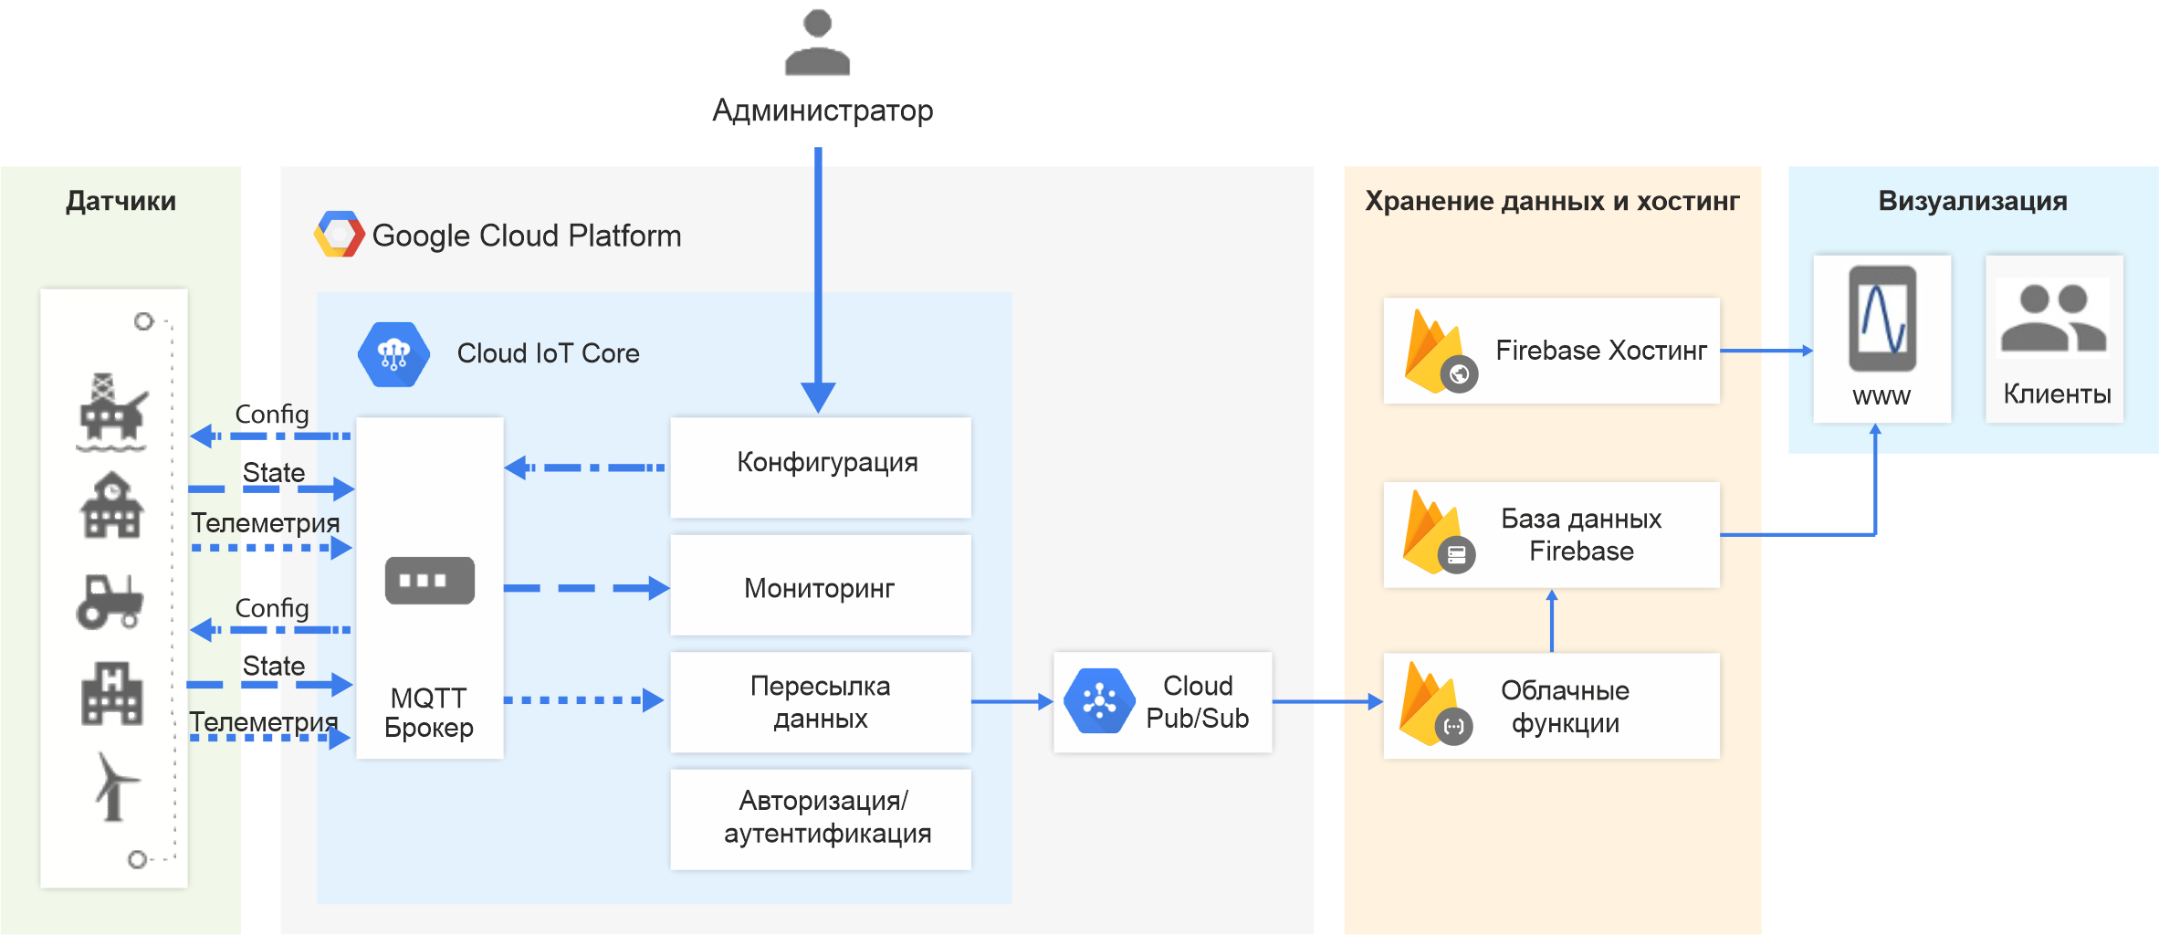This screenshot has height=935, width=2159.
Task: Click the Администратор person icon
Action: click(817, 43)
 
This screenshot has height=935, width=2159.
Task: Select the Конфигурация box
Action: click(820, 467)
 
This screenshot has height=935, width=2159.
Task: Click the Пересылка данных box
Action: click(820, 701)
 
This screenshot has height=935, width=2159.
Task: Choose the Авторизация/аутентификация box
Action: click(820, 818)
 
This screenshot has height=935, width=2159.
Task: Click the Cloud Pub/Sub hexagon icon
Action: click(1099, 701)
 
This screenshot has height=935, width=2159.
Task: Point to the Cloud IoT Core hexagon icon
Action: click(393, 354)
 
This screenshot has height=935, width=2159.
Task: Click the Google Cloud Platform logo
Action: click(339, 235)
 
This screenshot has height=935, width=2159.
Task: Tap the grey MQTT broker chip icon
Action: click(429, 581)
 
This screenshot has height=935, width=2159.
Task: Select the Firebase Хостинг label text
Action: click(1600, 351)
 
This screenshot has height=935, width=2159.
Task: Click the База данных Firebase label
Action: click(1580, 535)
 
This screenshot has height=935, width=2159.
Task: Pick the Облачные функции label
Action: click(1565, 706)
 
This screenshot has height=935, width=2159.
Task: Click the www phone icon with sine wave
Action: click(1881, 319)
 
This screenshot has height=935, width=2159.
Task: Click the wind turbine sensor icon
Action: click(113, 786)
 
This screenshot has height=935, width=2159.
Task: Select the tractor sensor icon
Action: click(110, 602)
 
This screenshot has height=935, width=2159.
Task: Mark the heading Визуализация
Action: click(1972, 201)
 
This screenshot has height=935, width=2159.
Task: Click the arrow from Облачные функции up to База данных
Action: click(1551, 621)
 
